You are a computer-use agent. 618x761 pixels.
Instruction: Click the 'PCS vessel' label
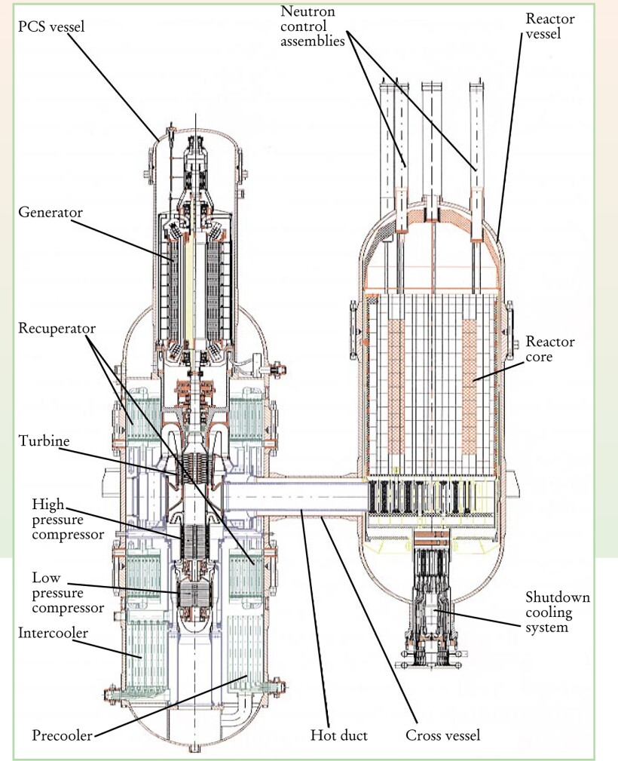coord(52,27)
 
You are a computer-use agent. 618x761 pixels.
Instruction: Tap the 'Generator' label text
coord(50,213)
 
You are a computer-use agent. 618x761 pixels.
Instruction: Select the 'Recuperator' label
coord(57,329)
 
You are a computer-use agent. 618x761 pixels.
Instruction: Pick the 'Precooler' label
coord(61,735)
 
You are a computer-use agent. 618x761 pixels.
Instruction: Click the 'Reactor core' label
coord(551,349)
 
